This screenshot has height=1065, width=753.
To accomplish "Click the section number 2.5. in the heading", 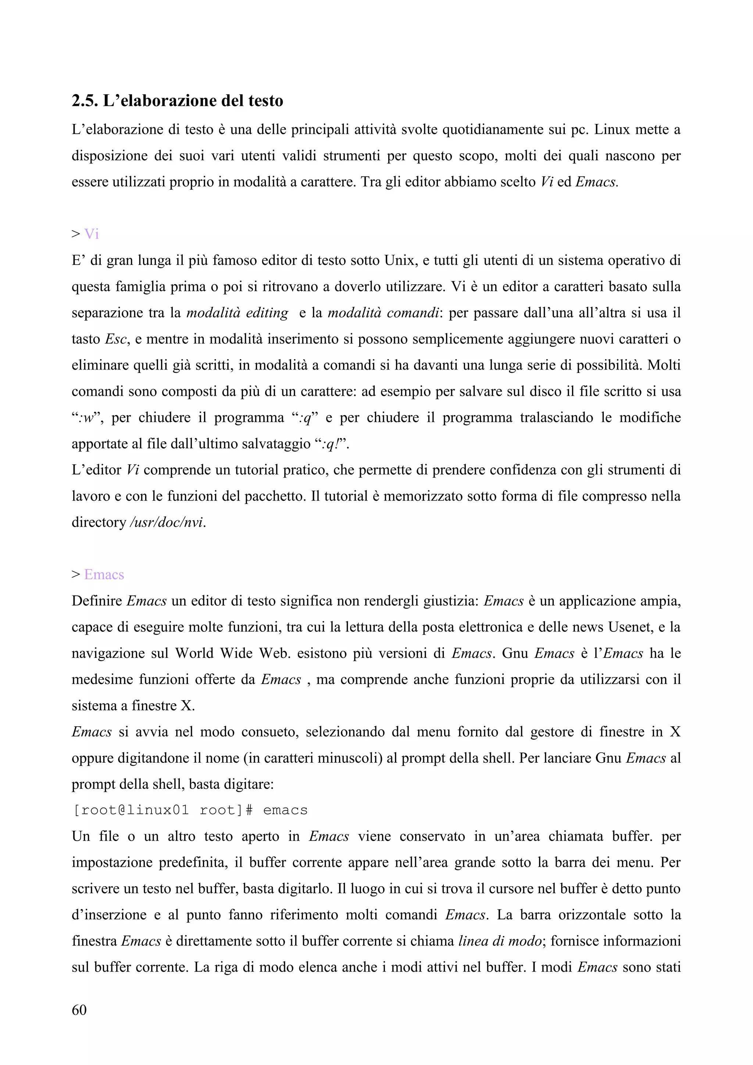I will click(x=85, y=101).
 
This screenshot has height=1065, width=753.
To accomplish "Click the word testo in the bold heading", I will click(x=265, y=101).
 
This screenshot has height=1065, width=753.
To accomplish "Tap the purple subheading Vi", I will click(x=91, y=234).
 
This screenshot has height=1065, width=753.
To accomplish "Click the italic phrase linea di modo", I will click(x=499, y=941).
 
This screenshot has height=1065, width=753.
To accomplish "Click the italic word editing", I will click(x=267, y=313).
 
